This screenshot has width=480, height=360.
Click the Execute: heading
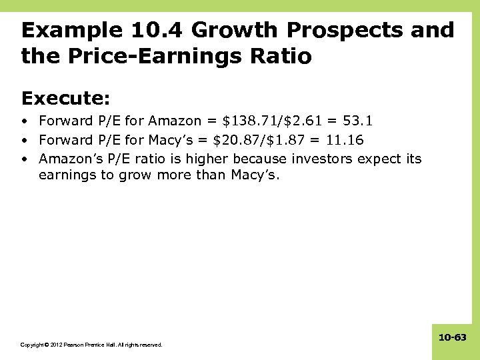tap(65, 99)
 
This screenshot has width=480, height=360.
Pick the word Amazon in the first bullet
tap(175, 121)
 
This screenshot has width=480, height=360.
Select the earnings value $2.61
tap(303, 121)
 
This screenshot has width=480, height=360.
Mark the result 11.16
tap(344, 140)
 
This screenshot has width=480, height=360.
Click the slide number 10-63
tap(453, 338)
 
